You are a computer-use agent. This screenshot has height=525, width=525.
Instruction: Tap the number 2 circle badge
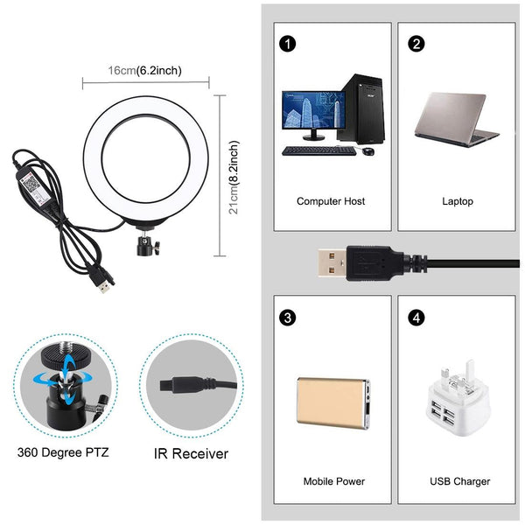coord(416,44)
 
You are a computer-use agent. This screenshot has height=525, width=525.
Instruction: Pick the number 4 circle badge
coord(416,317)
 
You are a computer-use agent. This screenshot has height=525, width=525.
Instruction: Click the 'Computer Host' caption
coord(331,201)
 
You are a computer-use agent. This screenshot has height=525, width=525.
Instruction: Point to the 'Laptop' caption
coord(458,201)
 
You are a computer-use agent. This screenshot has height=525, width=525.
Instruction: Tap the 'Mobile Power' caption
coord(333,481)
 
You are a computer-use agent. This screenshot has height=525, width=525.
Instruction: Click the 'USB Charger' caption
coord(460,481)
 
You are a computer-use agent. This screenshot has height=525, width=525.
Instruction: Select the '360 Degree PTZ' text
coord(63,453)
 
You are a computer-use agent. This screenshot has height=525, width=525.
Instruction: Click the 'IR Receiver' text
coord(191,453)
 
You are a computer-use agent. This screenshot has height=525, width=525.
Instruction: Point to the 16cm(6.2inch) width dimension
coord(145,70)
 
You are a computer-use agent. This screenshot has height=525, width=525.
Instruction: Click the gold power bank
coord(332,402)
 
